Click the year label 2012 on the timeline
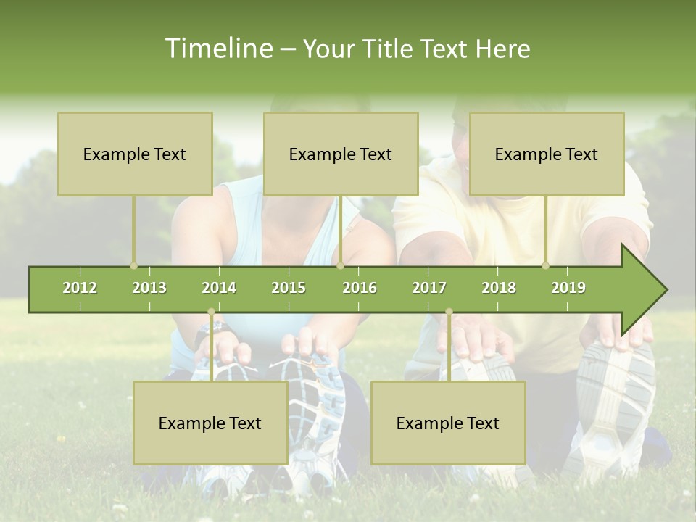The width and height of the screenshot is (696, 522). click(80, 288)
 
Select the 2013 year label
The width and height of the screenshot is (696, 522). click(149, 288)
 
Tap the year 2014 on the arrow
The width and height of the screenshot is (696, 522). click(219, 288)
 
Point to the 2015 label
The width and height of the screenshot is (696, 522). click(289, 288)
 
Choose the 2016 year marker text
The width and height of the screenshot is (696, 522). click(360, 288)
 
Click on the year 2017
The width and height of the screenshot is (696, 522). click(429, 288)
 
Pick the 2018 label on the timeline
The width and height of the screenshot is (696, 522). click(499, 288)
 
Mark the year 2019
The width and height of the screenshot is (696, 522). click(568, 288)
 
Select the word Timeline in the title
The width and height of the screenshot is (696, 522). click(218, 49)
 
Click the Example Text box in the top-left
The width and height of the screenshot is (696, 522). click(135, 154)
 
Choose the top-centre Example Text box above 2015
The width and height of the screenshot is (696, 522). click(341, 154)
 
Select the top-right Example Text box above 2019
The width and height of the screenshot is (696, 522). click(547, 154)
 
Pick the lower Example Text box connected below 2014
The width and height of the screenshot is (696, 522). click(210, 423)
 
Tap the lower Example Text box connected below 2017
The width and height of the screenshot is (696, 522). click(448, 423)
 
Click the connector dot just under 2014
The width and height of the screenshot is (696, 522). click(211, 312)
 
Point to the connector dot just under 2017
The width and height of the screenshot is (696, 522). click(449, 312)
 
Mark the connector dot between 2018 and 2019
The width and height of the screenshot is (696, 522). click(546, 265)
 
